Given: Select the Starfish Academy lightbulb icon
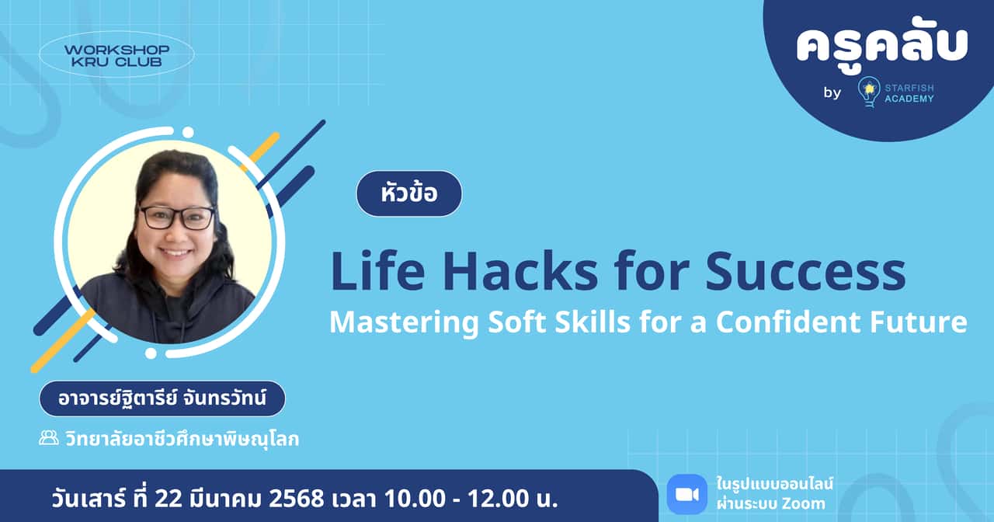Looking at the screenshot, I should (x=869, y=92).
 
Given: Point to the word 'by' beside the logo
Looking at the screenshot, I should (x=832, y=93).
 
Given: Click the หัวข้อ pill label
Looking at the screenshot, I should (x=409, y=193).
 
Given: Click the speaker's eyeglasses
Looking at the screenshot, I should (x=177, y=217).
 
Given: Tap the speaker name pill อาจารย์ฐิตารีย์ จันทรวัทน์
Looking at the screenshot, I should (x=162, y=399).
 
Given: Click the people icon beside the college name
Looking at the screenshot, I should (x=49, y=438).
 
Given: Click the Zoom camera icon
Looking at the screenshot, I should (x=686, y=494).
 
